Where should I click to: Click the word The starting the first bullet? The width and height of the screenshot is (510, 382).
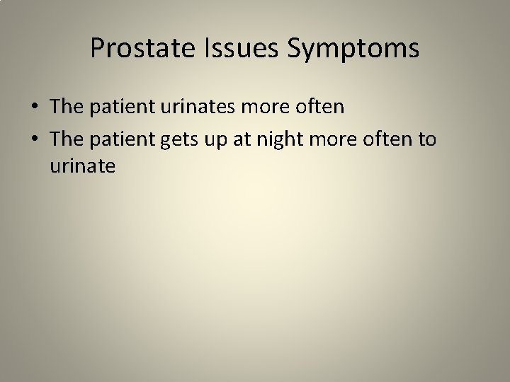tap(67, 107)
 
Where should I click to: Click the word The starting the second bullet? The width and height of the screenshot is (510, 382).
tap(67, 139)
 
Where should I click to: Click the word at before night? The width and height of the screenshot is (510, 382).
tap(249, 139)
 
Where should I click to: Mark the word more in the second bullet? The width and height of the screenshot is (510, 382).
tap(335, 139)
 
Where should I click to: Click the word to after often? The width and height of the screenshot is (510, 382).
tap(428, 139)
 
